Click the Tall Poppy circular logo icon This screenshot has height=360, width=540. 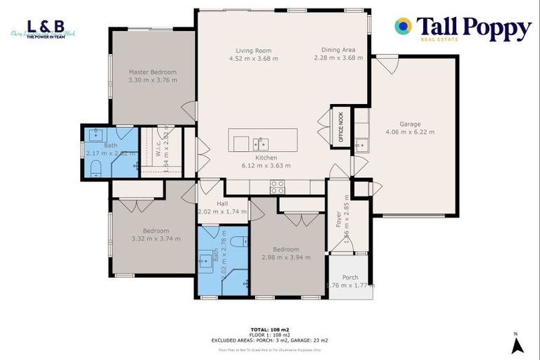click(x=404, y=27)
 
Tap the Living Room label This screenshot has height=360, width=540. click(x=253, y=51)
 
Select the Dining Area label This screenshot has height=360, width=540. click(x=338, y=50)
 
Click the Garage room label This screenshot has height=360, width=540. click(x=410, y=124)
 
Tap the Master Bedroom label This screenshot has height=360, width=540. click(x=153, y=72)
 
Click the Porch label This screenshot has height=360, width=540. click(x=350, y=277)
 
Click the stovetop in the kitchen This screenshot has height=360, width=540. click(x=278, y=186)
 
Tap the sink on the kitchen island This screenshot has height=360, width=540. click(x=261, y=143)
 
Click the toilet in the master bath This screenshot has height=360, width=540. click(x=96, y=167)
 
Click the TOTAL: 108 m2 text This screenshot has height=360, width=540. click(x=269, y=329)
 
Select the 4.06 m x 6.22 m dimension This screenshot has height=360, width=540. click(x=410, y=131)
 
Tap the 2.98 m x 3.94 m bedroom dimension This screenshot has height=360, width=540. click(x=286, y=257)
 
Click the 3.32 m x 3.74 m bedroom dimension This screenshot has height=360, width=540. click(x=156, y=238)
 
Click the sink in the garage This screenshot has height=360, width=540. click(x=361, y=146)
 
